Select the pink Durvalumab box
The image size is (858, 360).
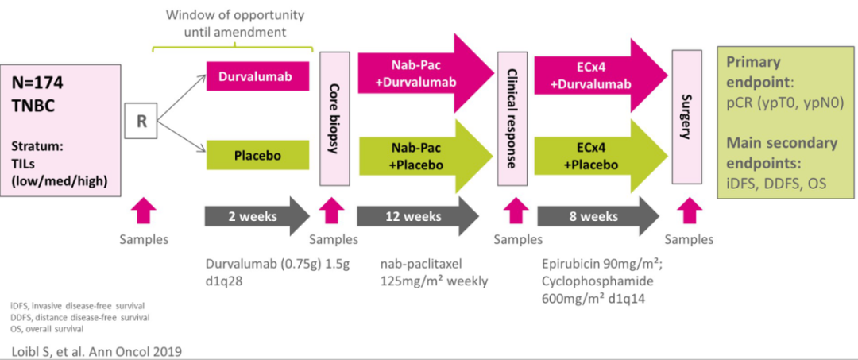pos(257,77)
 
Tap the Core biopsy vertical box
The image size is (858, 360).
pos(334,118)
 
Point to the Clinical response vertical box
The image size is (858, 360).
pos(513,118)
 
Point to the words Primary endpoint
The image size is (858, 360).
pos(754,72)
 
